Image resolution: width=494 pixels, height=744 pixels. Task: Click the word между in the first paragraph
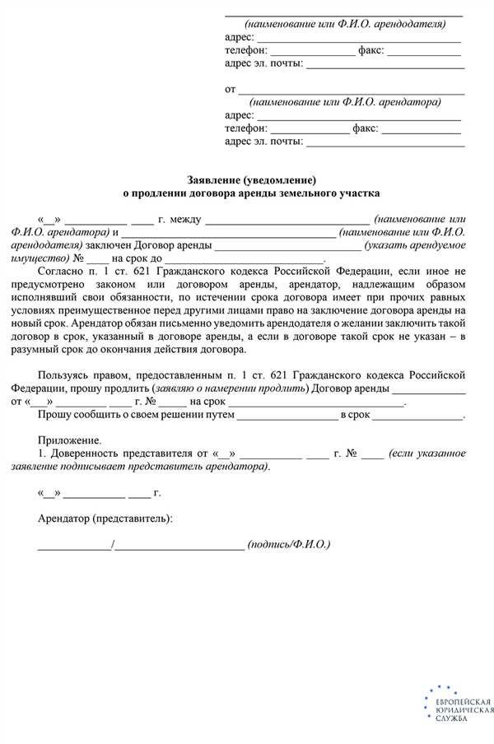[184, 220]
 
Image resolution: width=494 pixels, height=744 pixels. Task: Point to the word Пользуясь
[68, 376]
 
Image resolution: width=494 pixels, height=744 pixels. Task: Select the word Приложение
[70, 441]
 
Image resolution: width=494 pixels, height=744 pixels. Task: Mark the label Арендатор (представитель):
[105, 519]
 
